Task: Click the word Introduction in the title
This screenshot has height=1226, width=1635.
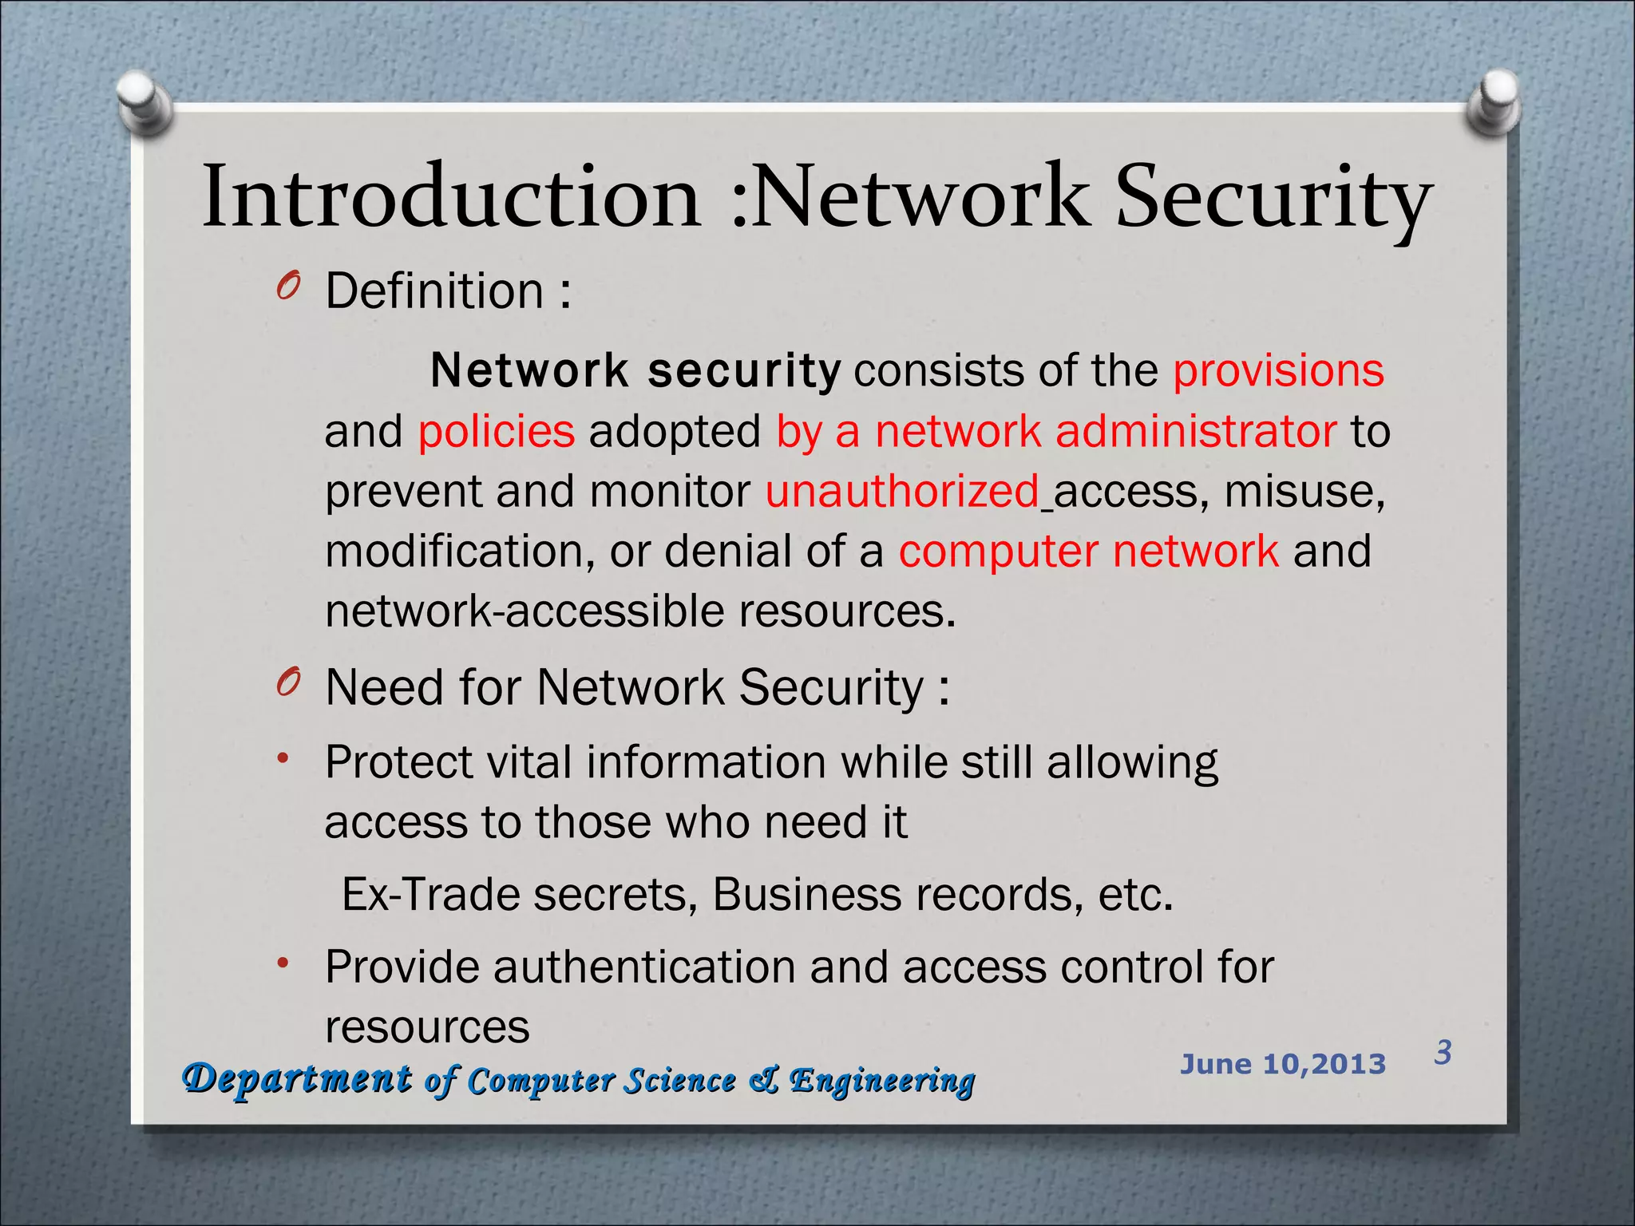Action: click(x=451, y=197)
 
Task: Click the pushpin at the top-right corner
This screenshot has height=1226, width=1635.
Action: click(x=1494, y=102)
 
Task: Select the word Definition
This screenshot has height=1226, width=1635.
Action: click(x=434, y=291)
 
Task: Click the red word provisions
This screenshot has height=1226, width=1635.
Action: click(x=1278, y=370)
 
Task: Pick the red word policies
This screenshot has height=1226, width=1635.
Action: click(x=496, y=432)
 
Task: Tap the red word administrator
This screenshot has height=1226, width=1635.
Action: click(x=1195, y=432)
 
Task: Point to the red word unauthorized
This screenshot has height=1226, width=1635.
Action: click(x=902, y=492)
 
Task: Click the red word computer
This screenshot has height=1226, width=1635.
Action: click(x=998, y=552)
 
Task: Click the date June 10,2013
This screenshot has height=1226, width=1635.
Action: click(x=1283, y=1064)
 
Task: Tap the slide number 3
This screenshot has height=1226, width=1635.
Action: click(x=1443, y=1053)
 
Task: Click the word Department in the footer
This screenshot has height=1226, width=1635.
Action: click(x=297, y=1079)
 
